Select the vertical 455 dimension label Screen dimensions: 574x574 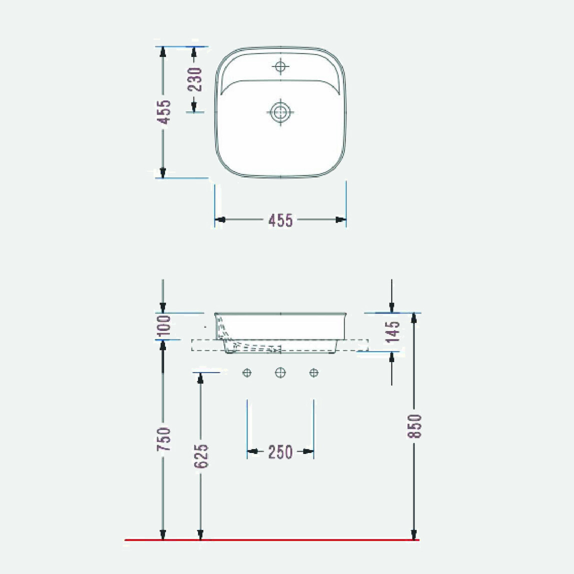pyautogui.click(x=163, y=112)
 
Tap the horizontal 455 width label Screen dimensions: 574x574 pyautogui.click(x=280, y=220)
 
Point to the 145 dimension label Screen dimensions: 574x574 pyautogui.click(x=393, y=332)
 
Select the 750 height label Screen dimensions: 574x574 pyautogui.click(x=163, y=439)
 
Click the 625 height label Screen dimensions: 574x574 pyautogui.click(x=200, y=455)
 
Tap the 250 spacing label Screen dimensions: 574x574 pyautogui.click(x=280, y=452)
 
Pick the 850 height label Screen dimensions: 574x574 pyautogui.click(x=414, y=425)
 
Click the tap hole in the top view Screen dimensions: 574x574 pyautogui.click(x=280, y=66)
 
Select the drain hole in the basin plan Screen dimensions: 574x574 pyautogui.click(x=280, y=112)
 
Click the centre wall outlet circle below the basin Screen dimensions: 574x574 pyautogui.click(x=280, y=372)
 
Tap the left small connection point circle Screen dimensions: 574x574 pyautogui.click(x=247, y=372)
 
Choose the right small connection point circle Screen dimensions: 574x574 pyautogui.click(x=313, y=372)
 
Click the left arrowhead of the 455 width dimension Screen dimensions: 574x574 pyautogui.click(x=220, y=219)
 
